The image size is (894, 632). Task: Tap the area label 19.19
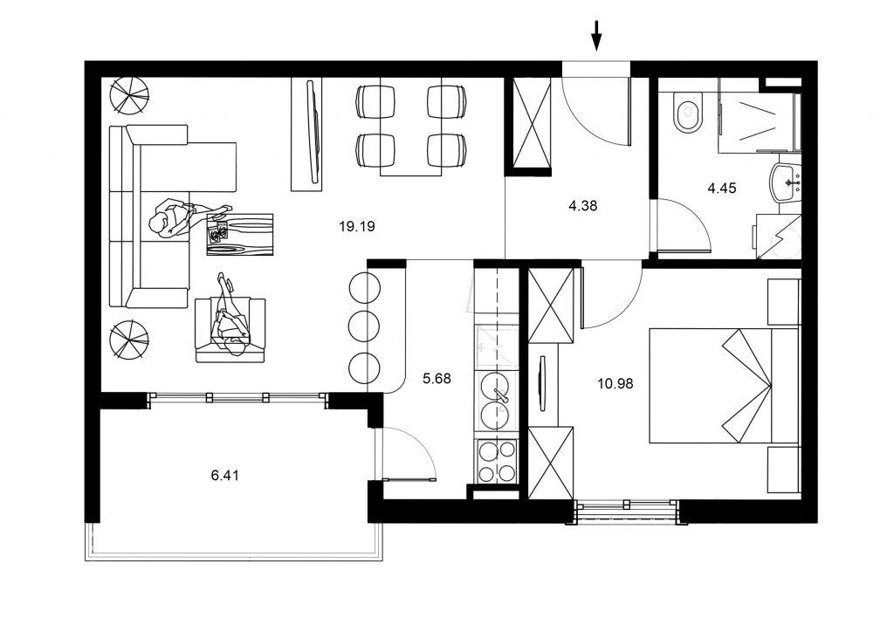pyautogui.click(x=357, y=226)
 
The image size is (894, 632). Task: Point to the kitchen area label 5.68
pyautogui.click(x=437, y=379)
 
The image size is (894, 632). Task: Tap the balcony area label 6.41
pyautogui.click(x=225, y=476)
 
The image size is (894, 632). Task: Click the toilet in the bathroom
pyautogui.click(x=687, y=113)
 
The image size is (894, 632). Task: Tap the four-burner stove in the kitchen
pyautogui.click(x=497, y=462)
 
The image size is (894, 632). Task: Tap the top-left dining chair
pyautogui.click(x=373, y=102)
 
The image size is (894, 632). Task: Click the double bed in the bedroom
pyautogui.click(x=720, y=385)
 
